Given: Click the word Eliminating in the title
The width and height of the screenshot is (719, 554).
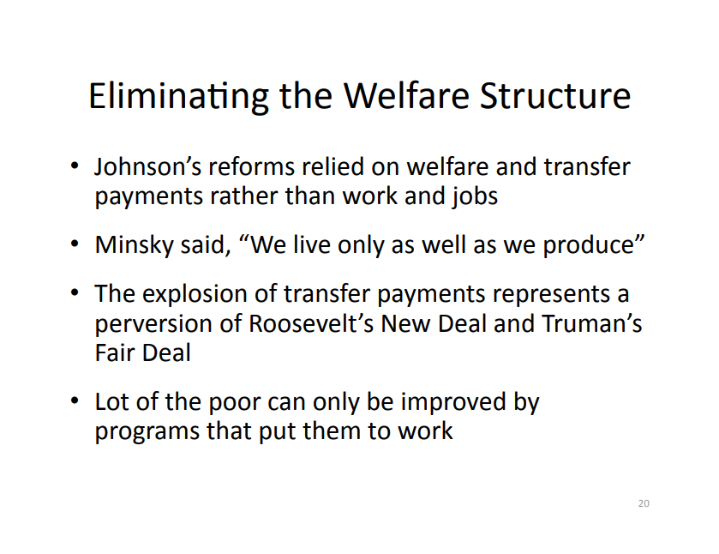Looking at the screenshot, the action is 178,96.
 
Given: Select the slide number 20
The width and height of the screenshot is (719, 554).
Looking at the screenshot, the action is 644,503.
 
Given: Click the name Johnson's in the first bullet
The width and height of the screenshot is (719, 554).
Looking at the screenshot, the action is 147,166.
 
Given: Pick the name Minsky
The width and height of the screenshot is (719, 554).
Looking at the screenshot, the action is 134,244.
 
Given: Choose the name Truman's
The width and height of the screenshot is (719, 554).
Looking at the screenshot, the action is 592,323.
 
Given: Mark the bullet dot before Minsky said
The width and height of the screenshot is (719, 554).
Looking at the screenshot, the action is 75,244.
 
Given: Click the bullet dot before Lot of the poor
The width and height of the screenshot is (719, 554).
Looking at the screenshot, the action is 75,401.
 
